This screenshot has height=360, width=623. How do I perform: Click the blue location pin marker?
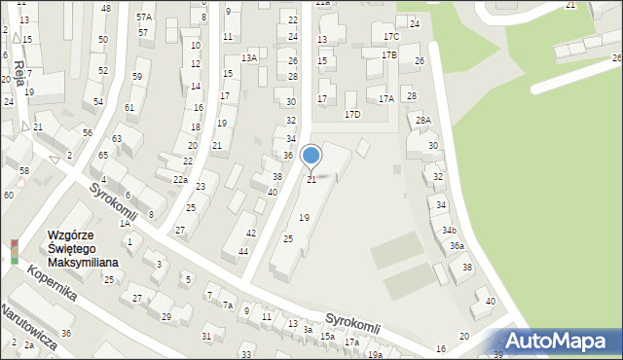pos(311,157)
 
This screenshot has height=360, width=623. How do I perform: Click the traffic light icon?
pos(14,251)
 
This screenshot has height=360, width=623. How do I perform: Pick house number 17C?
pos(391,37)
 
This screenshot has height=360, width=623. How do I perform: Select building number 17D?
pos(352,115)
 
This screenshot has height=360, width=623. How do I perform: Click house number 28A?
pos(423,121)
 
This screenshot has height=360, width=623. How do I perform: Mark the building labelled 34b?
pos(449,231)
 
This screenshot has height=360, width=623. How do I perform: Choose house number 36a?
pos(457,246)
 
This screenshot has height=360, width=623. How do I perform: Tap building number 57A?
pos(144,18)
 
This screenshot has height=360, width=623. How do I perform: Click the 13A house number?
pos(249,58)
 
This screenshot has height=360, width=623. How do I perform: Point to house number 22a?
pos(180,180)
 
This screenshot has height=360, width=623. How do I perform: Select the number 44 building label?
pos(243,252)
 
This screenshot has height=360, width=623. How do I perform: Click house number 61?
pos(129,107)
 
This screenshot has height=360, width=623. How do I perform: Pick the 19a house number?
pos(375,355)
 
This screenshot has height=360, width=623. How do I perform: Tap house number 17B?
pos(389,55)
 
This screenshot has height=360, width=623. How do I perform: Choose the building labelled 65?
pos(103,156)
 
